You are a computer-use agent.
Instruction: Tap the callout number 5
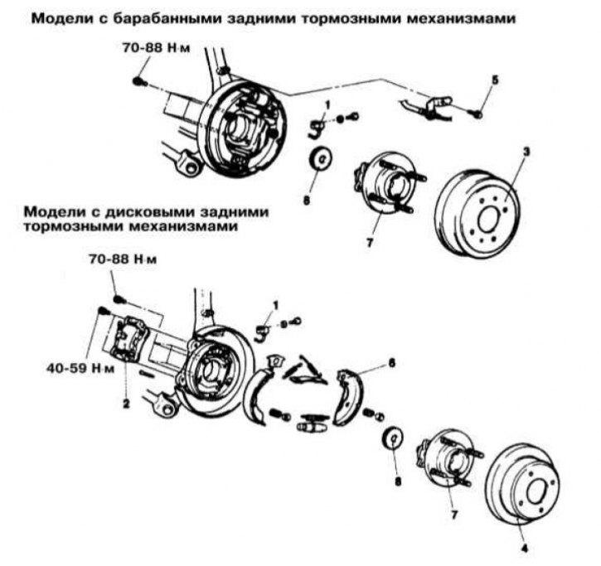coord(495,80)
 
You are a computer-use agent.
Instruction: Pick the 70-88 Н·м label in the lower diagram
coord(123,260)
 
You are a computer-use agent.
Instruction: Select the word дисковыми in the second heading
coord(125,211)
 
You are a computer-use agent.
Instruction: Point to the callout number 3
coord(526,152)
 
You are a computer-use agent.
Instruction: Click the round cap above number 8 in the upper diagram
coord(319,157)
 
